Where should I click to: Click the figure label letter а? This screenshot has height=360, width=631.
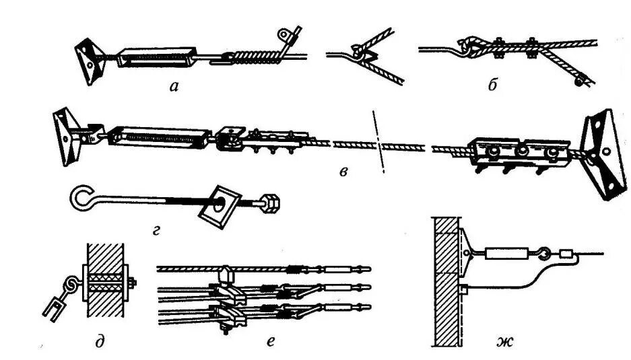pos(174,85)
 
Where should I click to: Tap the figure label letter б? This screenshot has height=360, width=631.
pos(492,85)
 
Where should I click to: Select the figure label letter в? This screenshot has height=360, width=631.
pos(343,172)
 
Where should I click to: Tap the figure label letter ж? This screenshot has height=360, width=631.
pos(506,343)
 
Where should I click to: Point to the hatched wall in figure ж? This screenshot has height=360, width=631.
pos(446,283)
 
